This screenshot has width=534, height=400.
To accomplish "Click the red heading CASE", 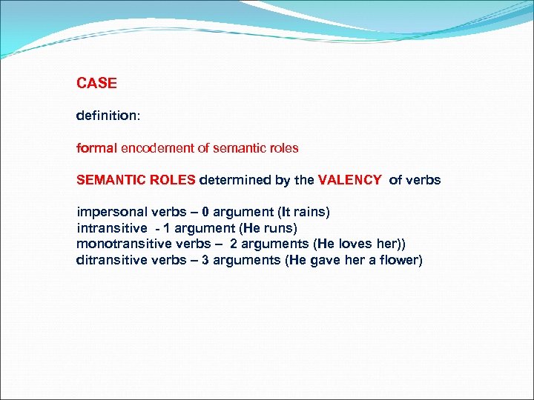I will pyautogui.click(x=96, y=84).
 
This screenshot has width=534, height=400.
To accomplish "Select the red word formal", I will pyautogui.click(x=96, y=148).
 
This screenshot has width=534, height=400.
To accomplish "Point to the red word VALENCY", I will pyautogui.click(x=350, y=180).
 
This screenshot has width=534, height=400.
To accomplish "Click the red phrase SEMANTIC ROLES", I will pyautogui.click(x=136, y=180).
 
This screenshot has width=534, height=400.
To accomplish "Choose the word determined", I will pyautogui.click(x=232, y=180).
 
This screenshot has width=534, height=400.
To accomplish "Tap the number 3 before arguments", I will pyautogui.click(x=206, y=260).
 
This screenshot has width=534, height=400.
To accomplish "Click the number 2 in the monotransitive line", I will pyautogui.click(x=234, y=244).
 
